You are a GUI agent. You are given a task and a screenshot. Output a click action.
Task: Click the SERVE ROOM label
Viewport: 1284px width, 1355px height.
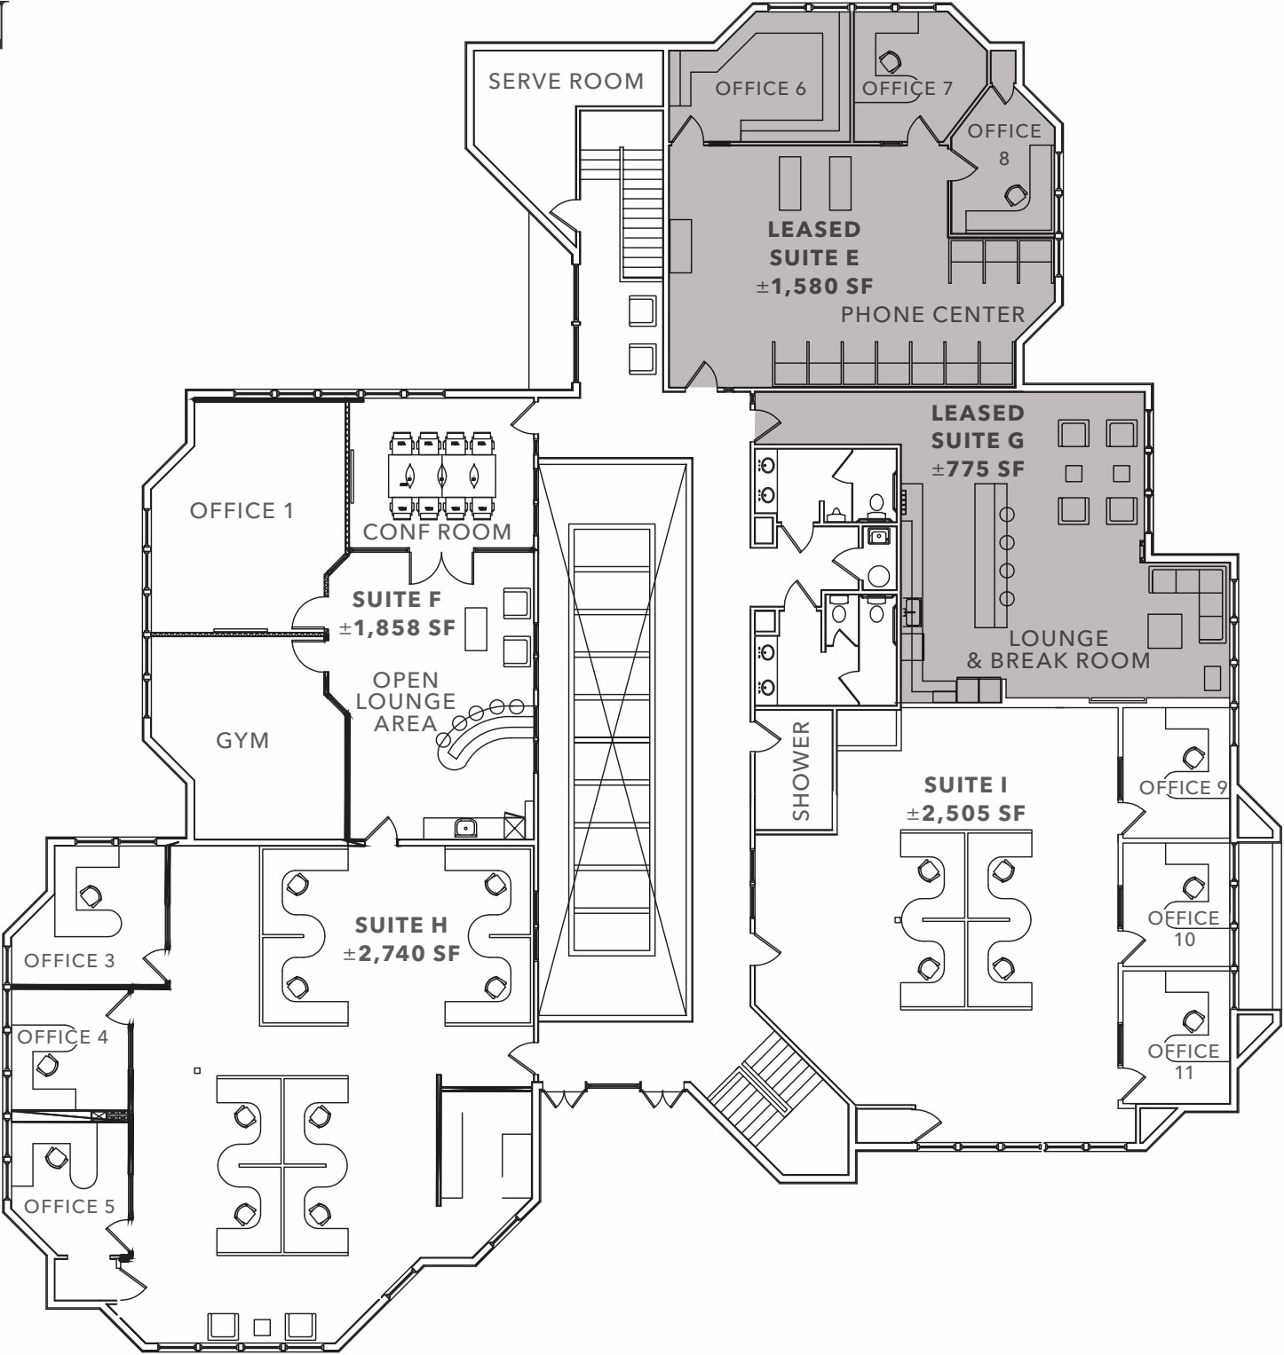(566, 82)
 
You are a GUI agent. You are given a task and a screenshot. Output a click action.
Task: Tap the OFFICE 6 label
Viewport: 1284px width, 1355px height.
(760, 89)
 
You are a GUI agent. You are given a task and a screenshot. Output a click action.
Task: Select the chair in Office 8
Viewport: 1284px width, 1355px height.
(1016, 195)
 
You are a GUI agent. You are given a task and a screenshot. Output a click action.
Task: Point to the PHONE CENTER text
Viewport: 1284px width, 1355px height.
(932, 315)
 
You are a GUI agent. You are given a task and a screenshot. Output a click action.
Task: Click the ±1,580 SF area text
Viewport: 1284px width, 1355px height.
(814, 287)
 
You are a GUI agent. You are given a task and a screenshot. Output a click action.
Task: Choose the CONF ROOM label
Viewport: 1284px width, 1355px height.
(437, 532)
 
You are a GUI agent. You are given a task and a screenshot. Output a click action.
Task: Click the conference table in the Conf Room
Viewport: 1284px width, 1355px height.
(441, 476)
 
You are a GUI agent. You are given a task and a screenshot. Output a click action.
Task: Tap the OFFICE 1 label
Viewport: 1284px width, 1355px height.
(242, 511)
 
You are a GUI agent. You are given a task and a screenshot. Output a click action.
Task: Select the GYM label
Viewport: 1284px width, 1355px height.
(242, 741)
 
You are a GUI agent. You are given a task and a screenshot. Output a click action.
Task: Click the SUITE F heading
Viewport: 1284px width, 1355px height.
(397, 600)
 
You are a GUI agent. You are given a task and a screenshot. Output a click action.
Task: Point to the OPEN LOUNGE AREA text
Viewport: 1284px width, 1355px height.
(406, 702)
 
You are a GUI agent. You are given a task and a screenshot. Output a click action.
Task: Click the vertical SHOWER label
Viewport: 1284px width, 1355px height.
(801, 770)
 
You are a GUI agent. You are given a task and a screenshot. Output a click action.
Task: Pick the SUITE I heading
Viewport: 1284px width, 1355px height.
(965, 785)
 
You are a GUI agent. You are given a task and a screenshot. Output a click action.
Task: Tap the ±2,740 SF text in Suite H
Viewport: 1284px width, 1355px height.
(401, 954)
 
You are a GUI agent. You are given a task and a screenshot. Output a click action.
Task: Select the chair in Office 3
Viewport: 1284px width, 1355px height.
(90, 896)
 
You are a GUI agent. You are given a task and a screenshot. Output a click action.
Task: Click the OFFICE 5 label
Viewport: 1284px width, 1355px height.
(69, 1207)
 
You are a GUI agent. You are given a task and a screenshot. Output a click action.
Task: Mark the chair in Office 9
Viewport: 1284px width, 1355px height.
(1193, 758)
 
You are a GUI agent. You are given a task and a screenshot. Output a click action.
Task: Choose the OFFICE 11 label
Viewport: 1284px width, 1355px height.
(1184, 1061)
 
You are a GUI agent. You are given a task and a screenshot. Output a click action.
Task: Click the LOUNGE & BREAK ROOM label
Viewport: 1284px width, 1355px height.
(1058, 650)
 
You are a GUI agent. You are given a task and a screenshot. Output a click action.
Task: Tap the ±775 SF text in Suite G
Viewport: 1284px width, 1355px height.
(978, 469)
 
